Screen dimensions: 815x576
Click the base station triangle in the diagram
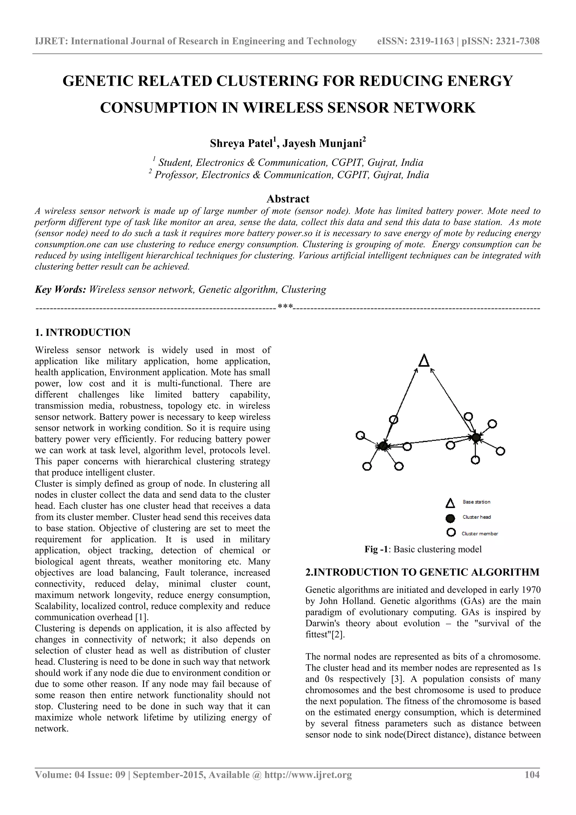[x=424, y=361]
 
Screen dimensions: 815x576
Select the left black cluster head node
[x=382, y=446]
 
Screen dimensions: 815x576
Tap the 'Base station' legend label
[x=476, y=502]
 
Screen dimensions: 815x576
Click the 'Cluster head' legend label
[x=476, y=517]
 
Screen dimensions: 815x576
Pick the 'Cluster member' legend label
[x=480, y=533]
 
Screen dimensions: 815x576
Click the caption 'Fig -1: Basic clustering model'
[x=423, y=549]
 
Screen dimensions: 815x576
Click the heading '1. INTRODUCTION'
[x=83, y=333]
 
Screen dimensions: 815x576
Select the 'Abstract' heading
[x=288, y=199]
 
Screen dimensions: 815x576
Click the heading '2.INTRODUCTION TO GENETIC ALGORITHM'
[x=422, y=572]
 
